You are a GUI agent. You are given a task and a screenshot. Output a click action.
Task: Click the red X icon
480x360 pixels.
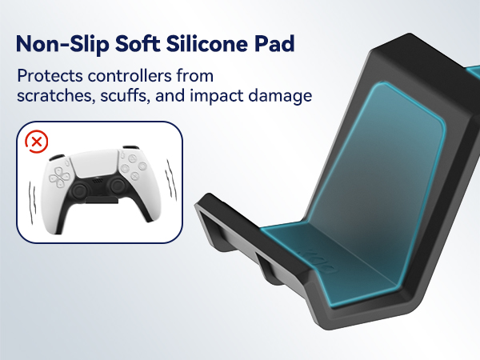point(37,142)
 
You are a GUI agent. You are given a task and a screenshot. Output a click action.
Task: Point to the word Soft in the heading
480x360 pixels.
point(145,43)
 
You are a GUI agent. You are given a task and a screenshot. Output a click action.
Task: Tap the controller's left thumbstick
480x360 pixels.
point(82,192)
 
